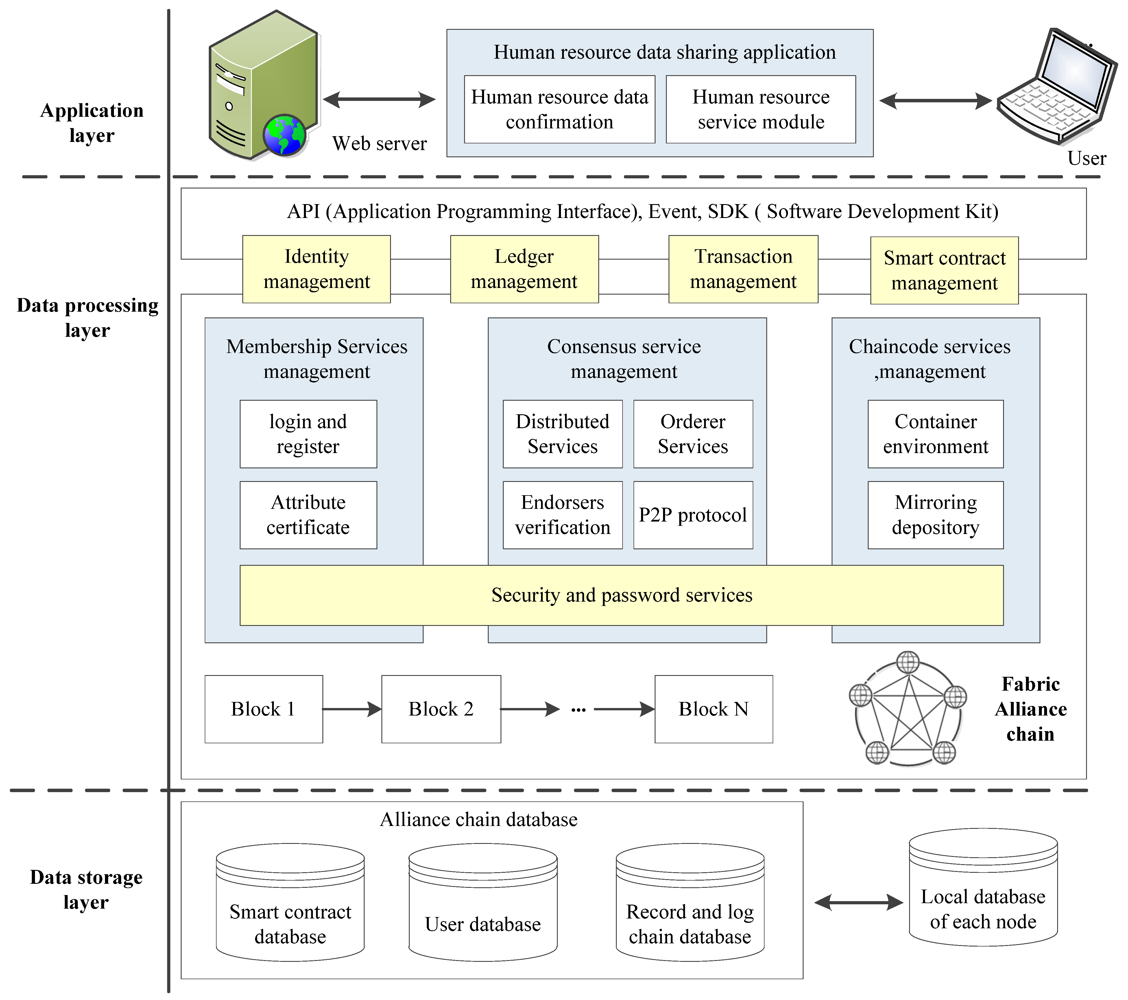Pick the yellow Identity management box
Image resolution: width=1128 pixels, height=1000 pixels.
tap(316, 269)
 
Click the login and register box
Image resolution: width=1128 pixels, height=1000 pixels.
tap(308, 434)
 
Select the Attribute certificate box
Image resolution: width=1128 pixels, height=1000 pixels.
tap(308, 515)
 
